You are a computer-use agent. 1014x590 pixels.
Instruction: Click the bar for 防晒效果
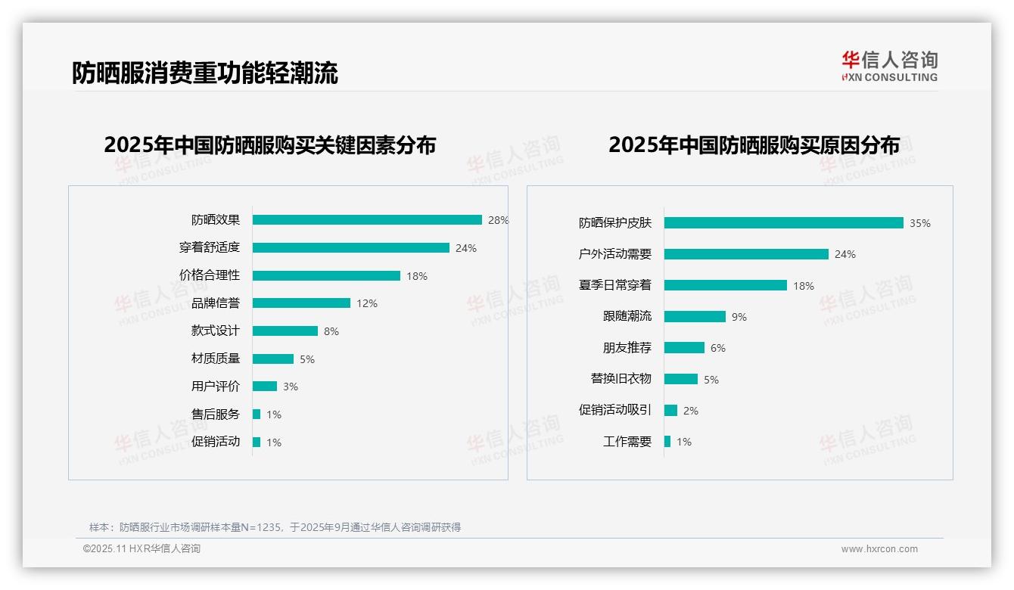pyautogui.click(x=367, y=220)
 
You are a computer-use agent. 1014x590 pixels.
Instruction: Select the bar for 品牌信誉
pyautogui.click(x=301, y=303)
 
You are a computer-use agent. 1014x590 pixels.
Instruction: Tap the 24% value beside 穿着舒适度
pyautogui.click(x=466, y=248)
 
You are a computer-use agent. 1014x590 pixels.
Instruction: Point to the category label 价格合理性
pyautogui.click(x=210, y=275)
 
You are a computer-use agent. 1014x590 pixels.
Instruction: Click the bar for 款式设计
pyautogui.click(x=285, y=331)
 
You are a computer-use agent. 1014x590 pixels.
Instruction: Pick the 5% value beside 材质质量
pyautogui.click(x=307, y=359)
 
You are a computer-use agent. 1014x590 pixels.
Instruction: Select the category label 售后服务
pyautogui.click(x=216, y=415)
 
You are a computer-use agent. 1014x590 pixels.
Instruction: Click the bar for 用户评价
pyautogui.click(x=265, y=387)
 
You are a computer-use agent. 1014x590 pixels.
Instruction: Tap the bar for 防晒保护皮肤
pyautogui.click(x=784, y=223)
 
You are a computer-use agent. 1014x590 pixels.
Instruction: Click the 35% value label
pyautogui.click(x=920, y=223)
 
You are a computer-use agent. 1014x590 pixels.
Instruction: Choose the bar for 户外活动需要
pyautogui.click(x=746, y=254)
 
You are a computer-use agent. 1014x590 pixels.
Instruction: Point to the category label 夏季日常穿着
pyautogui.click(x=615, y=285)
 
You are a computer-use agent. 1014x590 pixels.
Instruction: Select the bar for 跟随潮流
pyautogui.click(x=695, y=317)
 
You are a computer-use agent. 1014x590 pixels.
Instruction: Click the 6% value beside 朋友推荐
pyautogui.click(x=718, y=348)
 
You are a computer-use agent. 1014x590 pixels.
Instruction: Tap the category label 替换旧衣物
pyautogui.click(x=621, y=379)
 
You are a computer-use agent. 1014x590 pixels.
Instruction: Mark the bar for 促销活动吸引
pyautogui.click(x=670, y=411)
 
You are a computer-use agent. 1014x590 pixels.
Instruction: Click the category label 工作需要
pyautogui.click(x=627, y=442)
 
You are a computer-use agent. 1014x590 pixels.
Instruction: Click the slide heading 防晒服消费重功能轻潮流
pyautogui.click(x=205, y=73)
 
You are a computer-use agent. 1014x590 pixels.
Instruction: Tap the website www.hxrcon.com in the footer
pyautogui.click(x=879, y=549)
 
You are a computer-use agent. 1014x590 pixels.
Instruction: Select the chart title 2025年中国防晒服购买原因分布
pyautogui.click(x=754, y=145)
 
